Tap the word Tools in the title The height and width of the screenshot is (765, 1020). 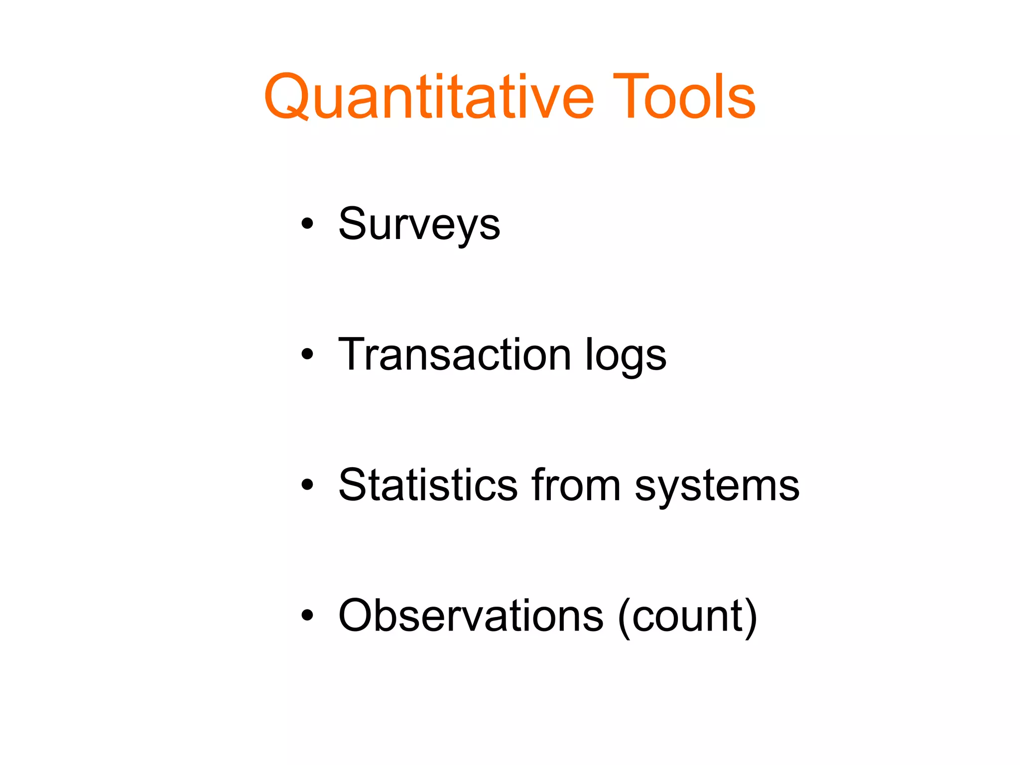tap(684, 97)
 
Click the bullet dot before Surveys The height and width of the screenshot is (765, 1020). tap(307, 224)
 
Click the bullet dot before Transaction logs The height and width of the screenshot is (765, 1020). tap(307, 354)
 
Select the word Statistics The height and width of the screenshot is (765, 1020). tap(428, 485)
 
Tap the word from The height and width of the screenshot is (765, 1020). tap(576, 485)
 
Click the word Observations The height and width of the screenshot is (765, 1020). tap(471, 616)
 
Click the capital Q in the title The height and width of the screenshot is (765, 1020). tap(289, 97)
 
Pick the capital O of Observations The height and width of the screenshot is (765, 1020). tap(360, 616)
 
